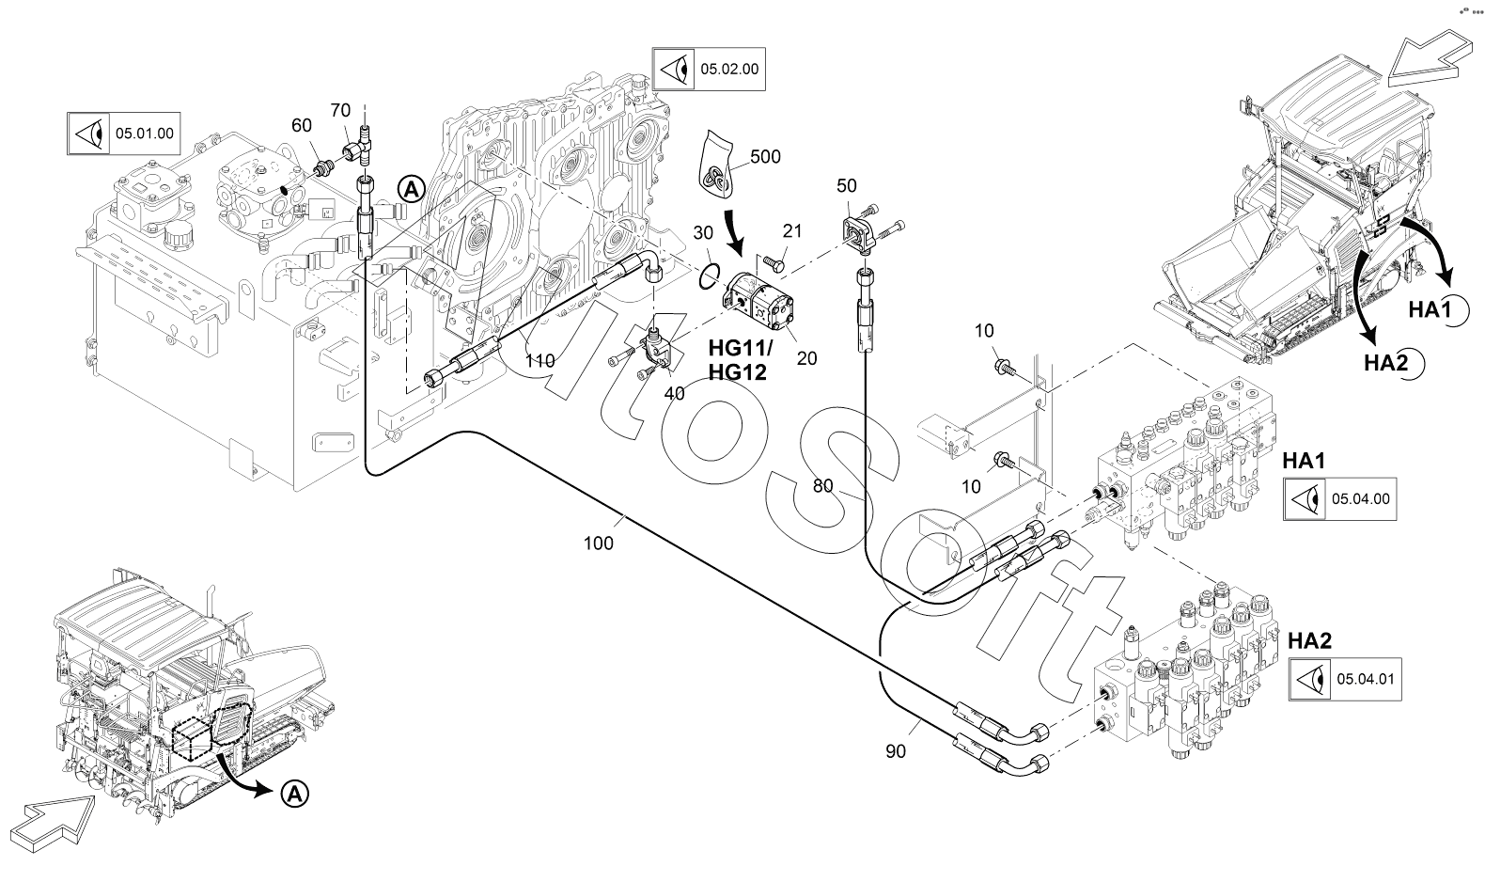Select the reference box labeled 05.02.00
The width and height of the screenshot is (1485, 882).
click(708, 69)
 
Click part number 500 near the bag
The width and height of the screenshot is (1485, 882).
click(766, 157)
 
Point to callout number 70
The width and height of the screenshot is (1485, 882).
click(340, 110)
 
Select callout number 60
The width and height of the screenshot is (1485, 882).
click(301, 126)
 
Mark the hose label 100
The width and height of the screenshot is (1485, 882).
click(598, 543)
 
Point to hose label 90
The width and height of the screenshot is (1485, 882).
click(896, 752)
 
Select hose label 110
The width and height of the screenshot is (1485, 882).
click(539, 360)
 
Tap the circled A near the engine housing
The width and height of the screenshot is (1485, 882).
click(411, 188)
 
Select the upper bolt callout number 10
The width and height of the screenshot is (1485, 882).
click(984, 330)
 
